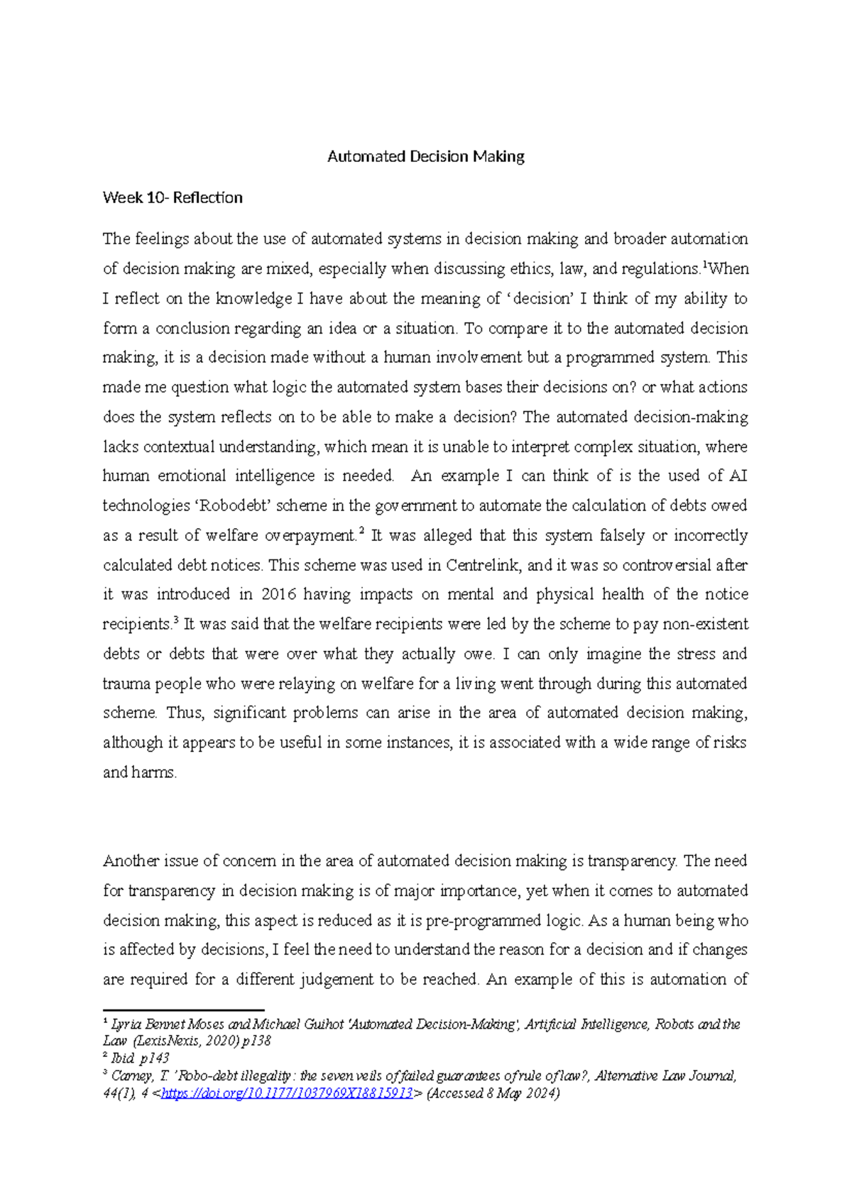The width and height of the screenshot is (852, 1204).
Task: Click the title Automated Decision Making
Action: click(425, 156)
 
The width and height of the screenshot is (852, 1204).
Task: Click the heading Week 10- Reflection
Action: click(173, 197)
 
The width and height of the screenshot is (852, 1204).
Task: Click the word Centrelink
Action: click(484, 565)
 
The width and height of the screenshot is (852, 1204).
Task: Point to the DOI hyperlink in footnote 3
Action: click(287, 1093)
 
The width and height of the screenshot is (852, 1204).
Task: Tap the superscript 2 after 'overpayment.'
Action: click(361, 531)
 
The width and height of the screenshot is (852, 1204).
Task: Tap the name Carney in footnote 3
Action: click(132, 1076)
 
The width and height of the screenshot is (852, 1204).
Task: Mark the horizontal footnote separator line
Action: click(183, 1009)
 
